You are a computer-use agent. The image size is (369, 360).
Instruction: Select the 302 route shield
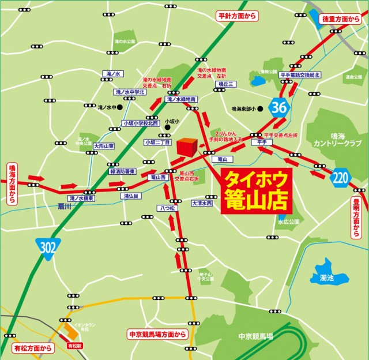tap(47, 247)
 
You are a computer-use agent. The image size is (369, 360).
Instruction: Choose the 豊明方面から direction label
tap(356, 217)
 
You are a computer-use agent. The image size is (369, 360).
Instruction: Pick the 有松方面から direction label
tap(33, 347)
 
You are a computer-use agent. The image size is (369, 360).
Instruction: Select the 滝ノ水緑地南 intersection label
tap(181, 99)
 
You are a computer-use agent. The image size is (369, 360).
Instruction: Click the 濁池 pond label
tap(326, 278)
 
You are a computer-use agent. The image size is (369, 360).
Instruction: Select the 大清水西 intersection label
tap(202, 203)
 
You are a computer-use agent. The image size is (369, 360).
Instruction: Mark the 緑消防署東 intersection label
tap(122, 171)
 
